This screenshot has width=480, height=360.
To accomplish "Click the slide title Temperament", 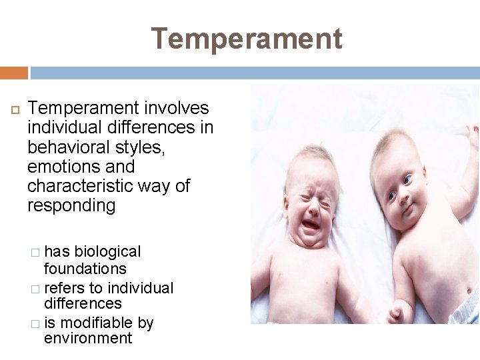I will coord(247,39).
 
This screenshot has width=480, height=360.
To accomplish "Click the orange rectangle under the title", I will coord(14,73).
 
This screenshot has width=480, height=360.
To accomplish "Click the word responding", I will coord(71,205).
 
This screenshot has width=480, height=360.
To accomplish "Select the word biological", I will coord(107,252).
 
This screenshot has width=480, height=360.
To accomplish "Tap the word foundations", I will coord(85,269).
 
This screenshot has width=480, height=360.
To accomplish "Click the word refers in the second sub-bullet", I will coord(64,288).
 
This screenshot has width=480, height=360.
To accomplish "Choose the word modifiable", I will coord(95,323).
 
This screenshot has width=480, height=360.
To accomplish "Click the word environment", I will coord(88,339).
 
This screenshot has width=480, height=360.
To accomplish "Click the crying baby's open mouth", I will coord(311,225).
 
